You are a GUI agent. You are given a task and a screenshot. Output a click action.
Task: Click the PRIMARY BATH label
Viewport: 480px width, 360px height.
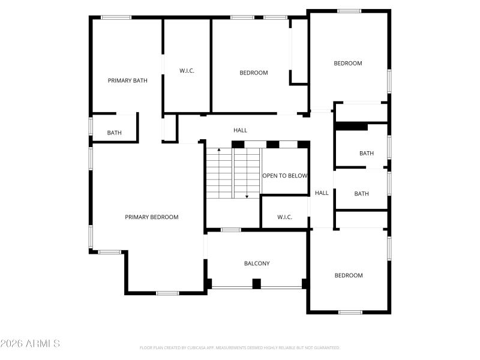coord(127,80)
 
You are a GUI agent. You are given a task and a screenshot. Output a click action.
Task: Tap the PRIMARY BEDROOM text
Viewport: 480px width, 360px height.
coord(151,217)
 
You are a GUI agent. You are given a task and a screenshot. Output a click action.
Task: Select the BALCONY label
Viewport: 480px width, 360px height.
coord(257,263)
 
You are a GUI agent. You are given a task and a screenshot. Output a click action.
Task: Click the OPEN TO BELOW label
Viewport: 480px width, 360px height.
coord(285,176)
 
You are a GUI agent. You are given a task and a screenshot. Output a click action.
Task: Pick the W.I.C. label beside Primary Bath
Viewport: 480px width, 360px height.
coord(187,71)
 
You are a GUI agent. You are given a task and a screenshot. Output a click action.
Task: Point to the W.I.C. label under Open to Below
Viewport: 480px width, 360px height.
coord(284,217)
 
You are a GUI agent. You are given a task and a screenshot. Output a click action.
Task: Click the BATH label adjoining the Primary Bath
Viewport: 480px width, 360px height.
coord(114,133)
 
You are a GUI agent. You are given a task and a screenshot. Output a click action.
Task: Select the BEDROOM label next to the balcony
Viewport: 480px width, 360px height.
coord(349,275)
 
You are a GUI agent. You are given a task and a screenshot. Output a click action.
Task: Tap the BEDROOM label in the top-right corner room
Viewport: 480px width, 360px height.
coord(348,63)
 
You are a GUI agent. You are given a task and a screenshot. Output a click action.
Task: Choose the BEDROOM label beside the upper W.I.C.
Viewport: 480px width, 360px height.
coord(254,73)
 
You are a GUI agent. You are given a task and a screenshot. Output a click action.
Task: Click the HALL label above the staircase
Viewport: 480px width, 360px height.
coord(240,130)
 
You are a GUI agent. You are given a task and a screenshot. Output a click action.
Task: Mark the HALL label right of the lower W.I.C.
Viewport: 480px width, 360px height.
coord(322,193)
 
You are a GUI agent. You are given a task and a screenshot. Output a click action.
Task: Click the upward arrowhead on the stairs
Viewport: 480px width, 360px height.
coord(219,149)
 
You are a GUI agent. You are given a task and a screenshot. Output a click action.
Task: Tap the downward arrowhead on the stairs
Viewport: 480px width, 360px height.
coord(247,196)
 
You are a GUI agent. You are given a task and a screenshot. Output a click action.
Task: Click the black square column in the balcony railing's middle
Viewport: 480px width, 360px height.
coord(257,284)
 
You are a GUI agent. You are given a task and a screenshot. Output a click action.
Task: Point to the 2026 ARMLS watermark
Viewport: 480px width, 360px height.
coord(30,344)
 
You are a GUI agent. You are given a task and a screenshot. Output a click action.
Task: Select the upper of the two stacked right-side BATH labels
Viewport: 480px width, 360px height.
coord(366,154)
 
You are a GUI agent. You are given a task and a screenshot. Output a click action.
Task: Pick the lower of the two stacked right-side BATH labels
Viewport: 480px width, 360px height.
coord(361,194)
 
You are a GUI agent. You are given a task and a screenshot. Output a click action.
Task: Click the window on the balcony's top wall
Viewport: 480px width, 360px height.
coord(231,230)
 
